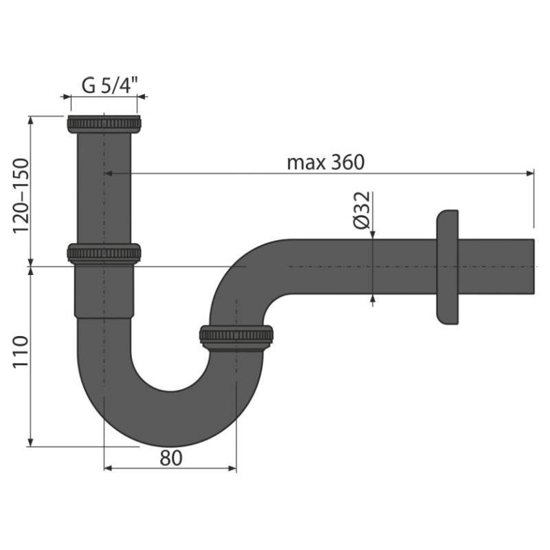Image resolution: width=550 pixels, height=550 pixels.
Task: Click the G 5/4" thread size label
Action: click(110, 85)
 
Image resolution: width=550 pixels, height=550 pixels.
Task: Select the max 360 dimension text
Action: click(326, 162)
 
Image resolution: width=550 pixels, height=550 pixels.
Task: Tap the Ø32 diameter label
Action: click(362, 210)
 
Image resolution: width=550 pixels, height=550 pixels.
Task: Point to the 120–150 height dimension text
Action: click(21, 196)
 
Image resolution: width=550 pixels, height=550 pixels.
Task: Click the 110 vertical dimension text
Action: click(21, 352)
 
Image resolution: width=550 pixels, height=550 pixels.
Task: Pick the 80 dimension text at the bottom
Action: click(170, 458)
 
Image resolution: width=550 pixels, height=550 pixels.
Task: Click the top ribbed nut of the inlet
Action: click(104, 124)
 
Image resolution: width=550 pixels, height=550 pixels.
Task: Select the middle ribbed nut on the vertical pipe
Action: click(104, 254)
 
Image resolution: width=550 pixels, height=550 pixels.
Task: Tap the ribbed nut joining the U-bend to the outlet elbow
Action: click(236, 338)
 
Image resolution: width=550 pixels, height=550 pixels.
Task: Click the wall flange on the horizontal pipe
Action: click(448, 267)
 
